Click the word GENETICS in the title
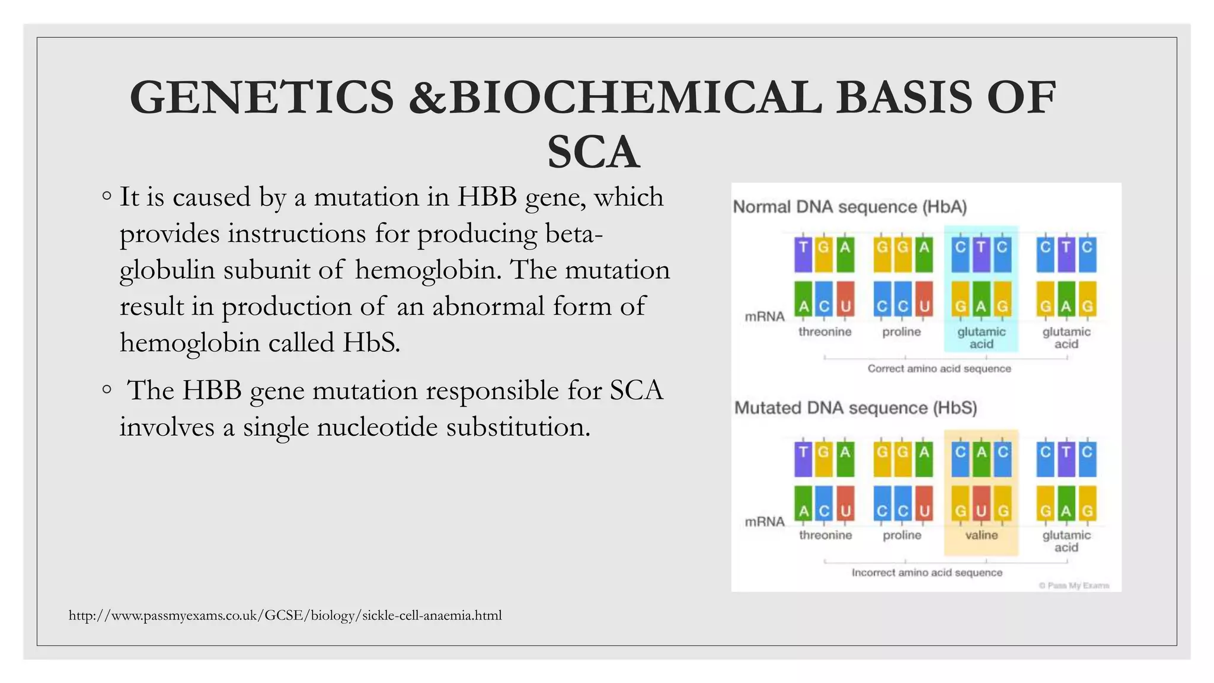click(x=261, y=98)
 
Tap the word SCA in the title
click(x=593, y=152)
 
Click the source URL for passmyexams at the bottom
click(x=285, y=615)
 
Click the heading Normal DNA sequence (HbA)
click(x=849, y=207)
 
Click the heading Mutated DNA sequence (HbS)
click(x=855, y=408)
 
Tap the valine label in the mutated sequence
click(x=981, y=535)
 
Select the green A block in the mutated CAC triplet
click(x=981, y=459)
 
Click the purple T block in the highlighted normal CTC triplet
click(x=981, y=254)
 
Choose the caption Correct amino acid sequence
click(x=939, y=369)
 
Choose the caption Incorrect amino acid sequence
click(x=927, y=573)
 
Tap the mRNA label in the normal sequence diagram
click(x=764, y=317)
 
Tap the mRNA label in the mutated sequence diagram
click(x=764, y=522)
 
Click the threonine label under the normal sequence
click(x=825, y=332)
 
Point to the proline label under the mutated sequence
click(x=902, y=535)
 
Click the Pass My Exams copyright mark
click(x=1074, y=586)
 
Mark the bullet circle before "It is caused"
click(x=106, y=196)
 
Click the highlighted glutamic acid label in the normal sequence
click(x=981, y=338)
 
